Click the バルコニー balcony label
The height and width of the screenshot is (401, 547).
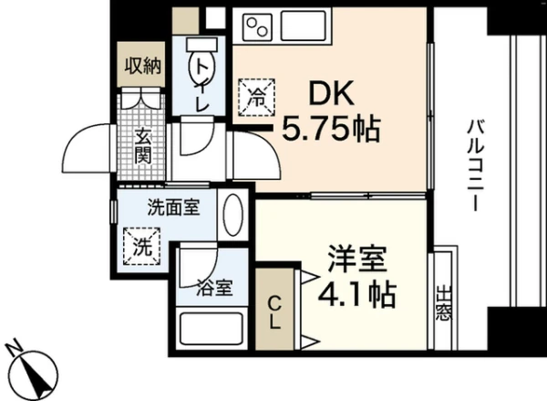475,164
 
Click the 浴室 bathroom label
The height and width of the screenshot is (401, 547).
215,291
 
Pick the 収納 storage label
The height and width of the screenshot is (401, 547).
144,67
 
